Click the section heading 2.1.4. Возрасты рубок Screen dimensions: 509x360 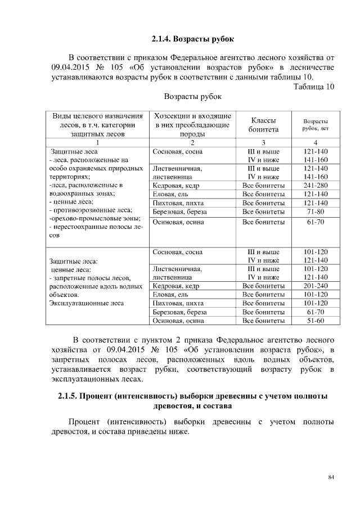coord(192,39)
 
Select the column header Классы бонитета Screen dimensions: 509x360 coord(263,124)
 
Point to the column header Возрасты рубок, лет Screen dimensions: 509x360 coord(316,124)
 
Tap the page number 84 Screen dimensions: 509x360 coord(331,478)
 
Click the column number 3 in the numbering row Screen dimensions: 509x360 coord(263,142)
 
